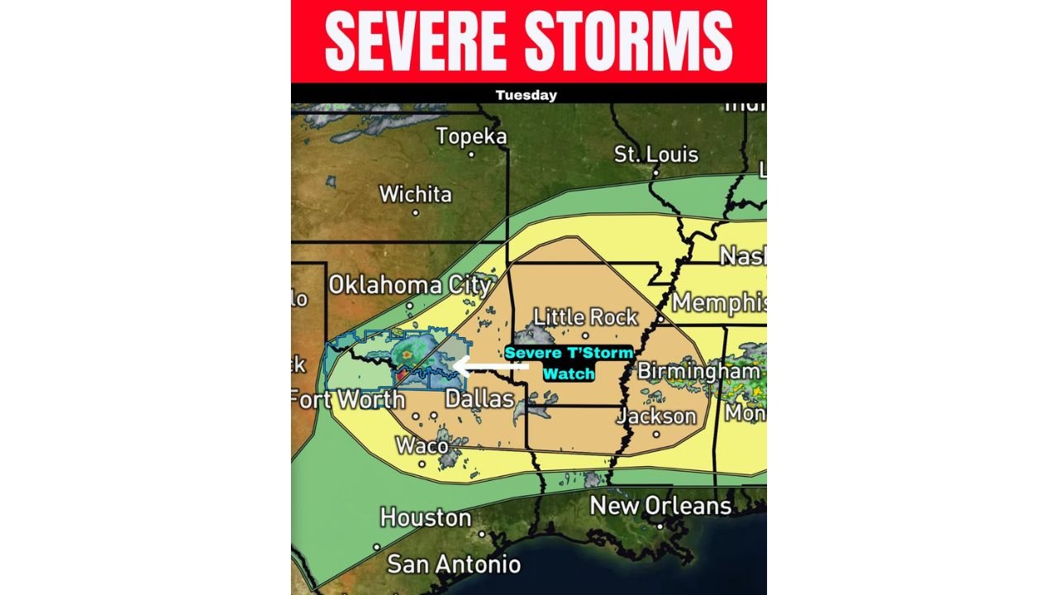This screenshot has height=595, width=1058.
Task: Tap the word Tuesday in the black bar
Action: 527,95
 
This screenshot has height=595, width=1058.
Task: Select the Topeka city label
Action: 471,136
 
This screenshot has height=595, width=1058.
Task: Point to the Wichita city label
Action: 415,195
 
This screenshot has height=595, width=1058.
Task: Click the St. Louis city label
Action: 656,155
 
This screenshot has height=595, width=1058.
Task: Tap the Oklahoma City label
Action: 410,285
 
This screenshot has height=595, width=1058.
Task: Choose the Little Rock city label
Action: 585,317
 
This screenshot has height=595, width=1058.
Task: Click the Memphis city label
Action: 717,302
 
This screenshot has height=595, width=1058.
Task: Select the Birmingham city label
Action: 698,371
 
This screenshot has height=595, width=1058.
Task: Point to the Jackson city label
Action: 656,416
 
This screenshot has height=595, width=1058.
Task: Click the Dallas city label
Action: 479,399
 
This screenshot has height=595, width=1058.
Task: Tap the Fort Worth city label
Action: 348,400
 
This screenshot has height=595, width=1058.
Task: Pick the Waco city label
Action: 423,445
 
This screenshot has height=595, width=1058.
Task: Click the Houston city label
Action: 425,518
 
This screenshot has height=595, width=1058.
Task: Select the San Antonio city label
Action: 454,564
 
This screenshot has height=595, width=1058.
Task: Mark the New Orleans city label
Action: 660,506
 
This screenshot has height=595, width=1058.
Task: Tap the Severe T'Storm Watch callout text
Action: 569,363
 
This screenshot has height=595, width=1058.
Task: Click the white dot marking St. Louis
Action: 655,174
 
